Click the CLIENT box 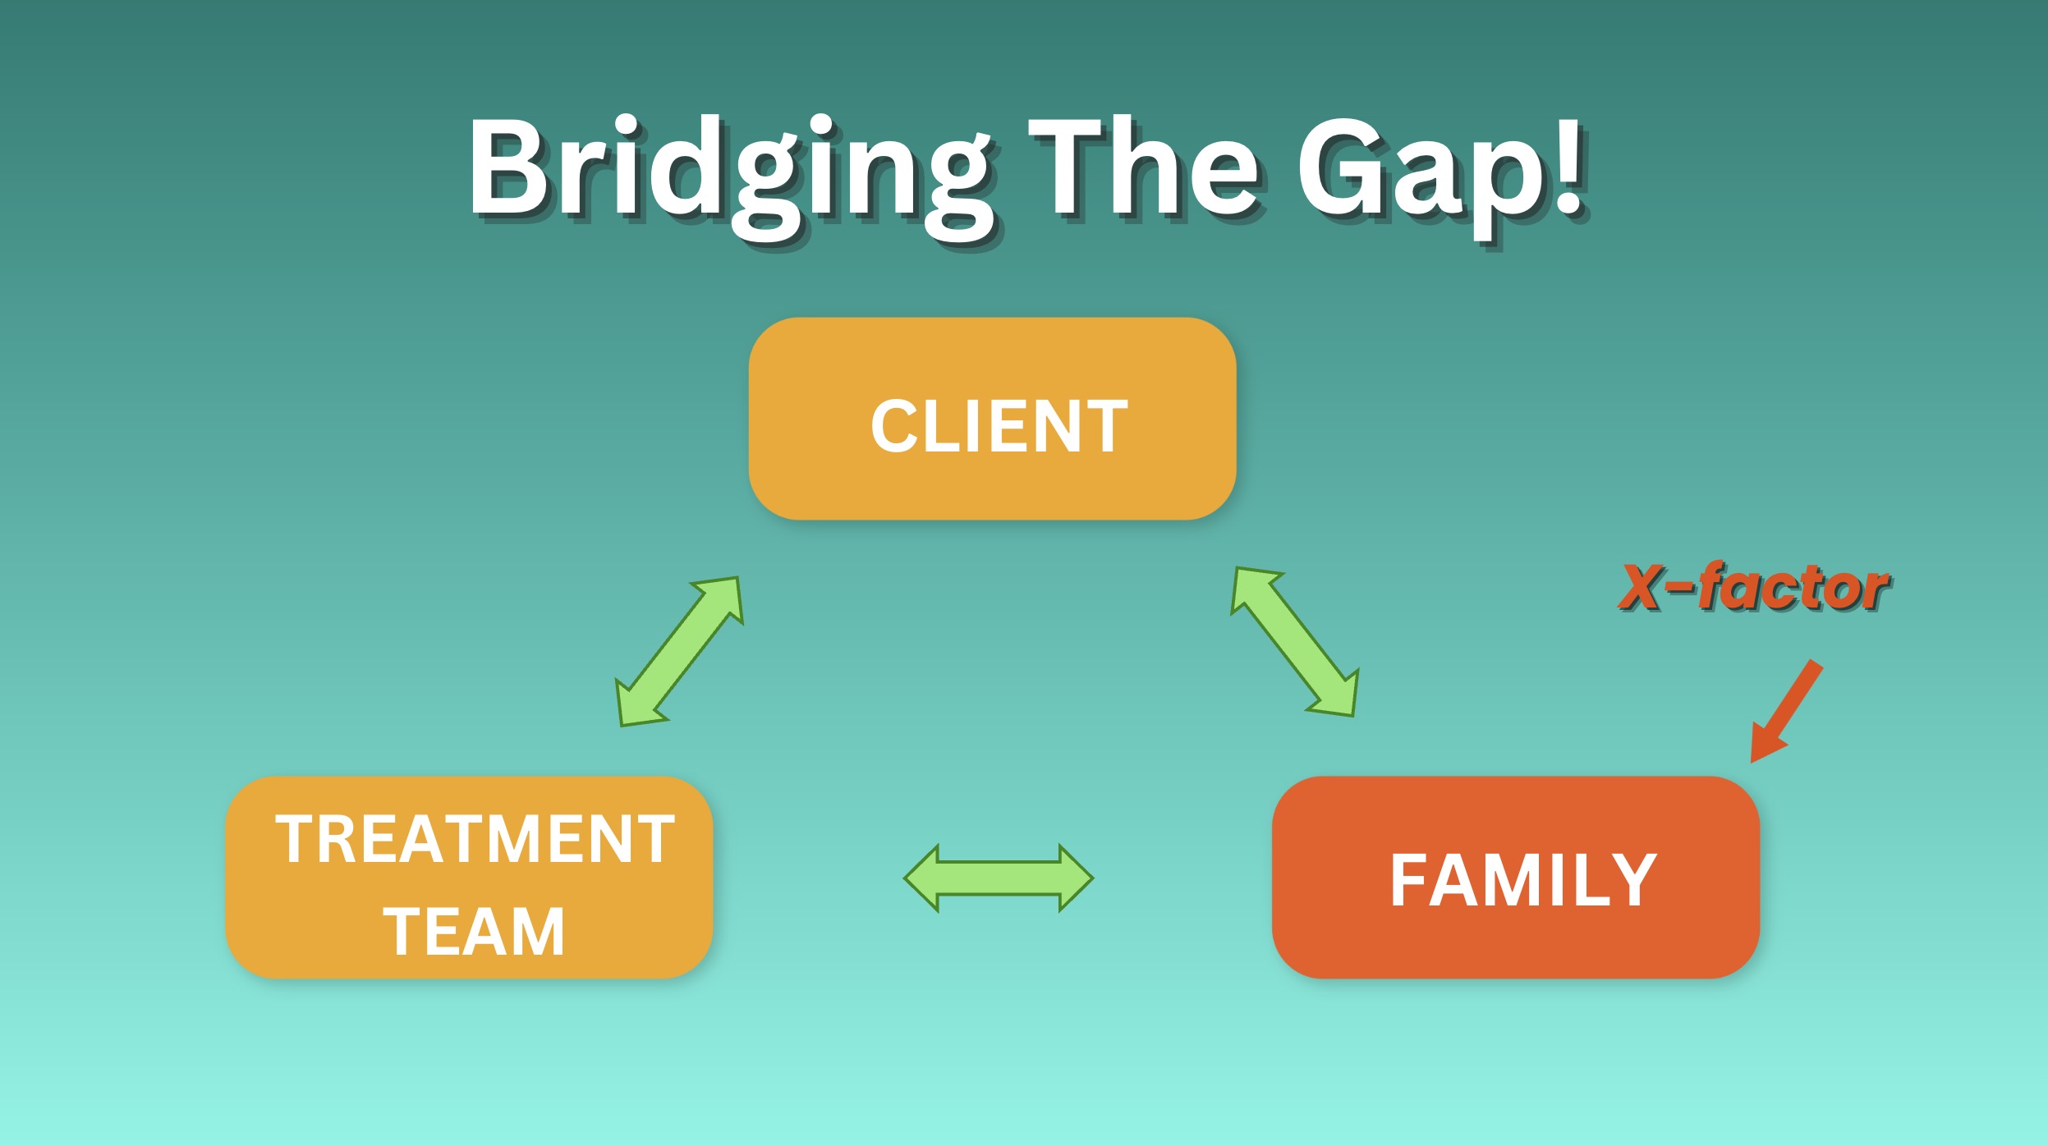point(992,419)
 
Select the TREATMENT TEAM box point(469,878)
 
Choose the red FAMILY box point(1516,878)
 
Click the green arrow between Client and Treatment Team point(680,651)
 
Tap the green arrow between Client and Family point(1294,642)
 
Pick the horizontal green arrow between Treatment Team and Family point(999,878)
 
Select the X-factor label point(1754,588)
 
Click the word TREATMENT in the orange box point(475,839)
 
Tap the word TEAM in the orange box point(474,932)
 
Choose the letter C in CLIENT point(893,426)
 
